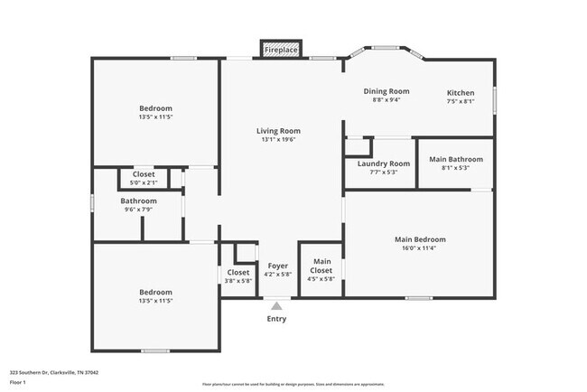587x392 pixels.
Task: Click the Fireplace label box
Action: [281, 50]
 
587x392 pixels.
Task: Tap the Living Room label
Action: [278, 130]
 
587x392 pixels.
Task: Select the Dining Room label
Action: [387, 91]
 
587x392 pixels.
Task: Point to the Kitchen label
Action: [461, 93]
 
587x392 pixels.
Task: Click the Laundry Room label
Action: [384, 163]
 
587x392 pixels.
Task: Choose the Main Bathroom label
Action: [455, 159]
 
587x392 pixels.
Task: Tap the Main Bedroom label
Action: [420, 239]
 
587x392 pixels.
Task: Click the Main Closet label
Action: [321, 266]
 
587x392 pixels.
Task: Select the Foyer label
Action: [277, 266]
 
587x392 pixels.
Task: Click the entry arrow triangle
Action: [276, 306]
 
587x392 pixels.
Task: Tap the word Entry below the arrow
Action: [276, 319]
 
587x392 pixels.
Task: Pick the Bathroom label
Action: [138, 201]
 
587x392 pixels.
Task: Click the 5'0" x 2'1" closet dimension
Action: [144, 182]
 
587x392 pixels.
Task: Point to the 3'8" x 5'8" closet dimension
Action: [238, 280]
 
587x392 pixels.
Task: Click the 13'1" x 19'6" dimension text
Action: [278, 139]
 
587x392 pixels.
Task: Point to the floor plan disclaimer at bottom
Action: [293, 384]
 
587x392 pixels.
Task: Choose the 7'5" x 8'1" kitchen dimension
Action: [461, 102]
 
